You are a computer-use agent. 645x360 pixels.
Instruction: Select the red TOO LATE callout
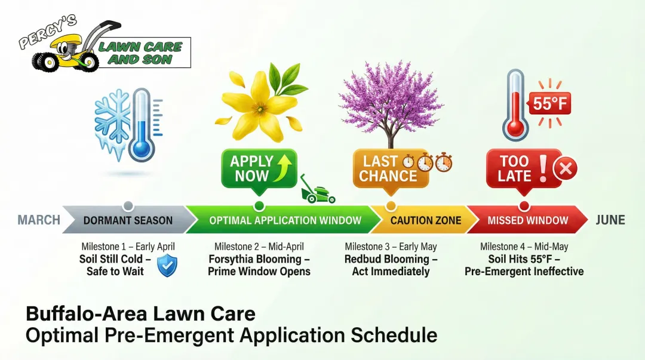(x=515, y=168)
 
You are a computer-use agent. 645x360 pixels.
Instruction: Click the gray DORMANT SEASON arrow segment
(x=127, y=220)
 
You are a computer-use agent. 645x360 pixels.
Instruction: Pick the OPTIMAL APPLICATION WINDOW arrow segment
(x=284, y=220)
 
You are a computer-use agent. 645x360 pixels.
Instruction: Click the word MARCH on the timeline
(x=39, y=220)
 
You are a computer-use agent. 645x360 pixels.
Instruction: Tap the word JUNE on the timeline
(x=610, y=220)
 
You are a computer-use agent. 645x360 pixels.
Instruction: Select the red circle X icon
(x=564, y=170)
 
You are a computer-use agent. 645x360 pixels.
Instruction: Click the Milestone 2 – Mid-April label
(x=259, y=247)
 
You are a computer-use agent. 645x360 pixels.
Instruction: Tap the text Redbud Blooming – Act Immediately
(x=391, y=265)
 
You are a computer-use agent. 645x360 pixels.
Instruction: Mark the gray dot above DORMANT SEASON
(x=127, y=206)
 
